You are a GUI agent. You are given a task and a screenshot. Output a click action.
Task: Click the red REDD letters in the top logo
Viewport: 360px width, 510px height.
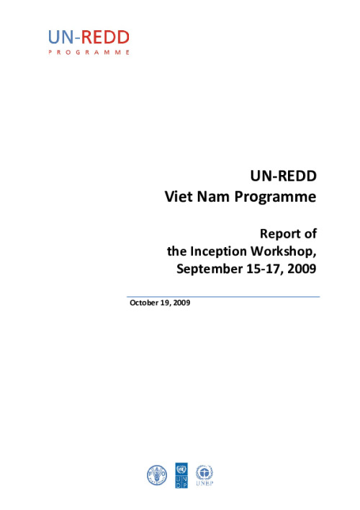click(105, 37)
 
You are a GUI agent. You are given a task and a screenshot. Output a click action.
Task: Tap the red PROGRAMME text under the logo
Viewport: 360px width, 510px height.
click(89, 53)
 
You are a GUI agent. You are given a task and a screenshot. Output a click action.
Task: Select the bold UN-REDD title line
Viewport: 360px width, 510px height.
click(283, 176)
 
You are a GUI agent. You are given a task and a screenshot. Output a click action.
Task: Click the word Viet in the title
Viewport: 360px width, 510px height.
click(179, 197)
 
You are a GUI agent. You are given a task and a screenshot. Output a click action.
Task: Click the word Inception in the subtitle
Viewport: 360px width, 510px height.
click(219, 251)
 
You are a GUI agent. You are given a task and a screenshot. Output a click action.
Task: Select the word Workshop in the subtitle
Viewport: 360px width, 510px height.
click(282, 251)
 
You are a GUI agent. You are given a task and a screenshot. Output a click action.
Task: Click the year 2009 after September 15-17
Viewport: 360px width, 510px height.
click(302, 269)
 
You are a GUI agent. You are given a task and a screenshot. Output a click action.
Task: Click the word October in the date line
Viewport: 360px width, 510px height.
click(144, 303)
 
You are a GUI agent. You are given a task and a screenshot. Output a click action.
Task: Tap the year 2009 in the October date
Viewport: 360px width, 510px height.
click(181, 303)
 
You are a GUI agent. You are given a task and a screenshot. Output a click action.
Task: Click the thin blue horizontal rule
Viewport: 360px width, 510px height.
click(223, 297)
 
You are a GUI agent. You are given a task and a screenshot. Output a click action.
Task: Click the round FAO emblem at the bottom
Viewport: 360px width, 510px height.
click(157, 475)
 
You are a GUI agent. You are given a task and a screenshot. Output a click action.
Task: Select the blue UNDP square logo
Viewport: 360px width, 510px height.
click(181, 475)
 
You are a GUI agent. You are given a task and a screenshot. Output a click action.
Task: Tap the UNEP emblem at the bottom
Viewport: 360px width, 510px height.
click(204, 473)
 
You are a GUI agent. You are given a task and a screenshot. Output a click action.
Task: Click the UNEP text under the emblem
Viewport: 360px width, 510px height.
click(204, 483)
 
